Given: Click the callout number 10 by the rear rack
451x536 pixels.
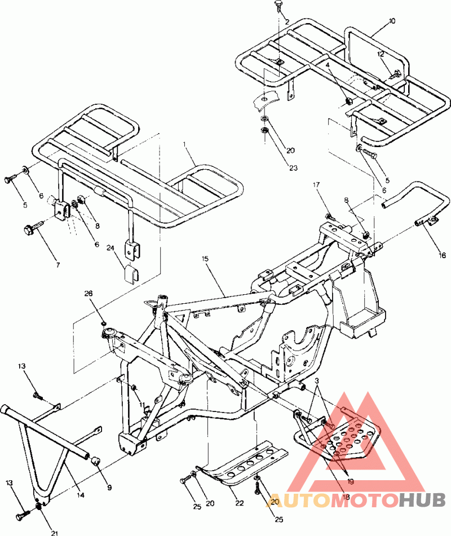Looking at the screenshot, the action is coord(392,21).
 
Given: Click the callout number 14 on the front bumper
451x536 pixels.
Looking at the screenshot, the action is coord(81,494).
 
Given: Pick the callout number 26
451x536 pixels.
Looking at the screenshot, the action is coord(89,293).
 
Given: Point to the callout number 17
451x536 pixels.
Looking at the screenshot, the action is coord(316,184).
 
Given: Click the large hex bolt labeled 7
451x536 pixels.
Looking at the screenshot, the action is coord(30,229).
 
